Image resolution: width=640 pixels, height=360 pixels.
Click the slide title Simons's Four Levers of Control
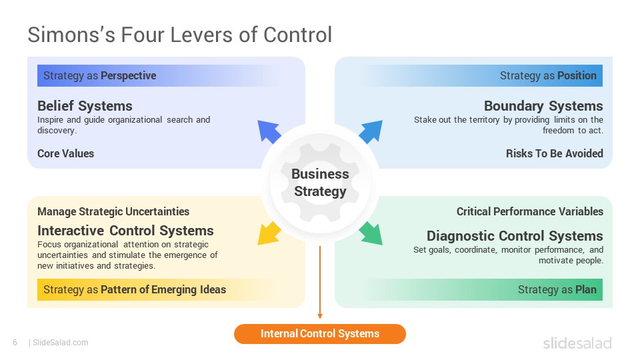pyautogui.click(x=179, y=35)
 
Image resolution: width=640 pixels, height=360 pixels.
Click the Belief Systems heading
pyautogui.click(x=85, y=106)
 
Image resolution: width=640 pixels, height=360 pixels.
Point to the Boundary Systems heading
pyautogui.click(x=543, y=106)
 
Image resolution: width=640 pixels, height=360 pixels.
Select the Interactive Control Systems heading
pyautogui.click(x=125, y=231)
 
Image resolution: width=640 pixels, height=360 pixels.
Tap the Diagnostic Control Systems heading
pyautogui.click(x=515, y=236)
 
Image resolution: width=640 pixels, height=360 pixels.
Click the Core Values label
pyautogui.click(x=66, y=153)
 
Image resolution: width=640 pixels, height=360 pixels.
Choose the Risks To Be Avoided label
pyautogui.click(x=554, y=153)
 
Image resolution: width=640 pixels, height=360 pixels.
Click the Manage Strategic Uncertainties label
pyautogui.click(x=113, y=211)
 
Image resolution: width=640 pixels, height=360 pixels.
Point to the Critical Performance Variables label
pyautogui.click(x=530, y=211)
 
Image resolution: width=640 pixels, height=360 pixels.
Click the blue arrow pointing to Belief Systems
pyautogui.click(x=268, y=131)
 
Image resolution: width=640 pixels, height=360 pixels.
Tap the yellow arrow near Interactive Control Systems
pyautogui.click(x=269, y=234)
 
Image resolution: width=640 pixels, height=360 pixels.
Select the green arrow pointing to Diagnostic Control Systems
pyautogui.click(x=371, y=234)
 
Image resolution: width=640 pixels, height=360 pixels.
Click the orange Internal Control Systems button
pyautogui.click(x=320, y=334)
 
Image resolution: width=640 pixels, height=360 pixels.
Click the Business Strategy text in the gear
pyautogui.click(x=320, y=183)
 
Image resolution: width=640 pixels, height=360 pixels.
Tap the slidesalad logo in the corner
pyautogui.click(x=577, y=343)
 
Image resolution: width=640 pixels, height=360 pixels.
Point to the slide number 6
pyautogui.click(x=15, y=343)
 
